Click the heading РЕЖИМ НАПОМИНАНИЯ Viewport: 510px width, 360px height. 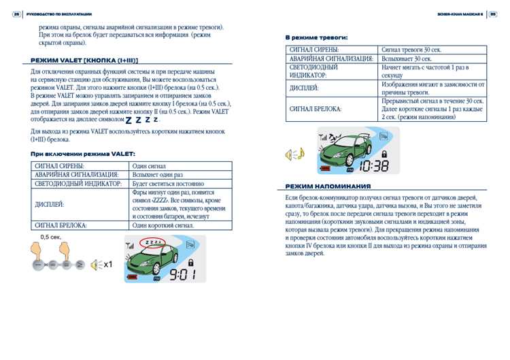(x=328, y=186)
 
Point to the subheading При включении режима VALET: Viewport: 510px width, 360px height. (x=83, y=154)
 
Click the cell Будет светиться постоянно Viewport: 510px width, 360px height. (x=167, y=184)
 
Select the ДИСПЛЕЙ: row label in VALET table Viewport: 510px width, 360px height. (x=49, y=204)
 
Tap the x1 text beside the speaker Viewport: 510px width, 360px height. (x=107, y=265)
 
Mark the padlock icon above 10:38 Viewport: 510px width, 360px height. (x=381, y=152)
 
